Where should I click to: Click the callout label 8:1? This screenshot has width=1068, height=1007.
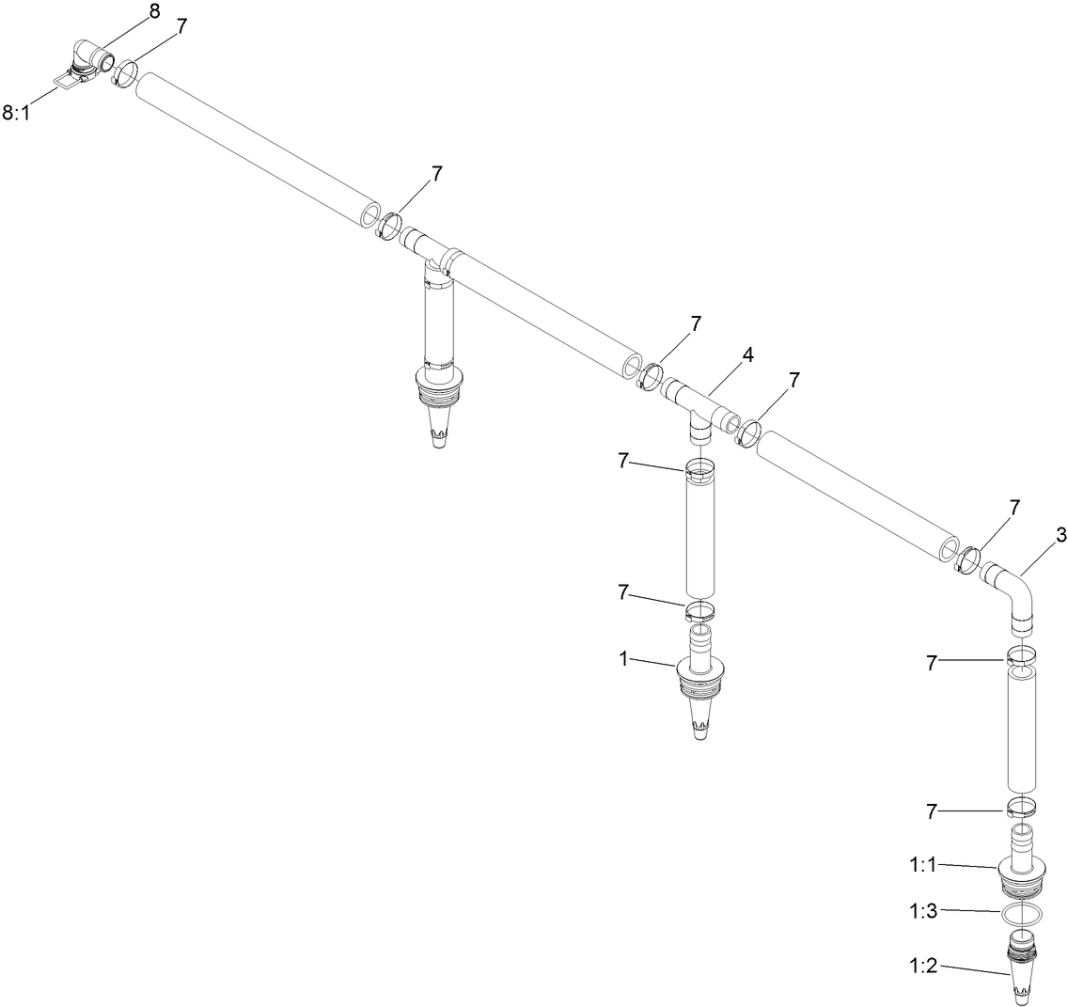tap(18, 114)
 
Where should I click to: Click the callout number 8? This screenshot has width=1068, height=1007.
tap(154, 11)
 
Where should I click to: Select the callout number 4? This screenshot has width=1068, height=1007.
tap(748, 354)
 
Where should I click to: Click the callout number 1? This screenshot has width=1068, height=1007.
tap(622, 658)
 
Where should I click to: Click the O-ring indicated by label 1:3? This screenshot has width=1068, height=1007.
tap(1022, 915)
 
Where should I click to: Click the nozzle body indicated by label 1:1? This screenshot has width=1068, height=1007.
tap(1022, 870)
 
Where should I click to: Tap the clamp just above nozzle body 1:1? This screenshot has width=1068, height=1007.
tap(1022, 806)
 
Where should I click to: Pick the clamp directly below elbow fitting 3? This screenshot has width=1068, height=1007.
tap(1022, 655)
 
